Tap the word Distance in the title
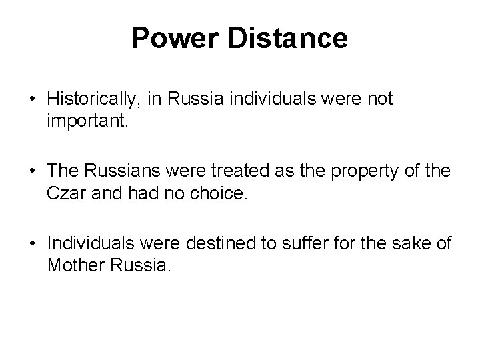coord(288,38)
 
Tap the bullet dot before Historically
coord(33,100)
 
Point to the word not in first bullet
coord(380,99)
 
